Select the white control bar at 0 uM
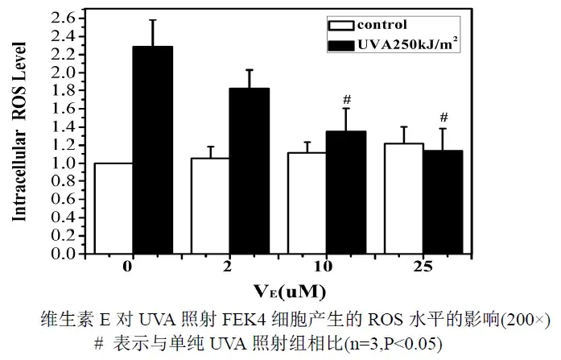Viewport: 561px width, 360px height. pyautogui.click(x=113, y=208)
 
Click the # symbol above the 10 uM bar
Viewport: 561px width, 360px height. pyautogui.click(x=347, y=100)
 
